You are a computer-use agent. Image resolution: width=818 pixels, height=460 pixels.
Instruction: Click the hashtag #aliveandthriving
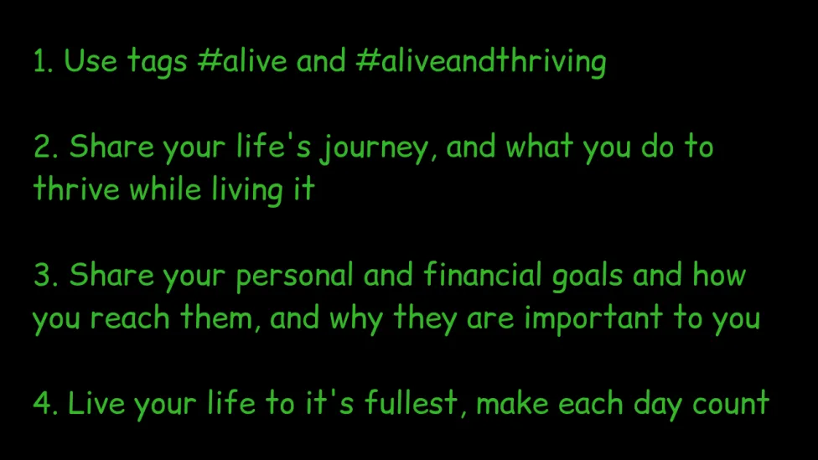point(480,61)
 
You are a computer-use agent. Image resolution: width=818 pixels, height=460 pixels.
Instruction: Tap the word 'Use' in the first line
point(91,60)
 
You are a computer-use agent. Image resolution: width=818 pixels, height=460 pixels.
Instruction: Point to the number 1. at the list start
point(43,60)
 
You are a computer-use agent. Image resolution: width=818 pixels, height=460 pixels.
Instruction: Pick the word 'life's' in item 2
point(273,146)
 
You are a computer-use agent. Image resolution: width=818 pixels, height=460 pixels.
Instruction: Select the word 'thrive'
point(76,189)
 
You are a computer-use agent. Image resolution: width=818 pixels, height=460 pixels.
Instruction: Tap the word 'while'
point(165,189)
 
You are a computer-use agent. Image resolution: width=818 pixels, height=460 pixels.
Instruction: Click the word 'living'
point(247,190)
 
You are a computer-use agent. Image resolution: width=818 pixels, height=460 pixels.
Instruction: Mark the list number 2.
point(46,147)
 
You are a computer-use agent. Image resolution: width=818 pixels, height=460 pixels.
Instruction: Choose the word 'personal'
point(294,277)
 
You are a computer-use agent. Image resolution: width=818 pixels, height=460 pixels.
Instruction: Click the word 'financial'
point(483,274)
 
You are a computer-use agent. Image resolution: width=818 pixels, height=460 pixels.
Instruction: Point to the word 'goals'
point(588,277)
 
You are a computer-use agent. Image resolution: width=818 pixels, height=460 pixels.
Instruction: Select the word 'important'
point(593,319)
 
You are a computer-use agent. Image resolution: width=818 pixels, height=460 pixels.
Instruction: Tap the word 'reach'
point(130,317)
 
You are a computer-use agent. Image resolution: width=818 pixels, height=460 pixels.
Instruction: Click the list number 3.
point(46,275)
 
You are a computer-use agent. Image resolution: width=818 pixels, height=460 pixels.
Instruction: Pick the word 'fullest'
point(412,403)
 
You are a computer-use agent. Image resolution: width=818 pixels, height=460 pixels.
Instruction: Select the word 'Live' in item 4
point(96,403)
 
